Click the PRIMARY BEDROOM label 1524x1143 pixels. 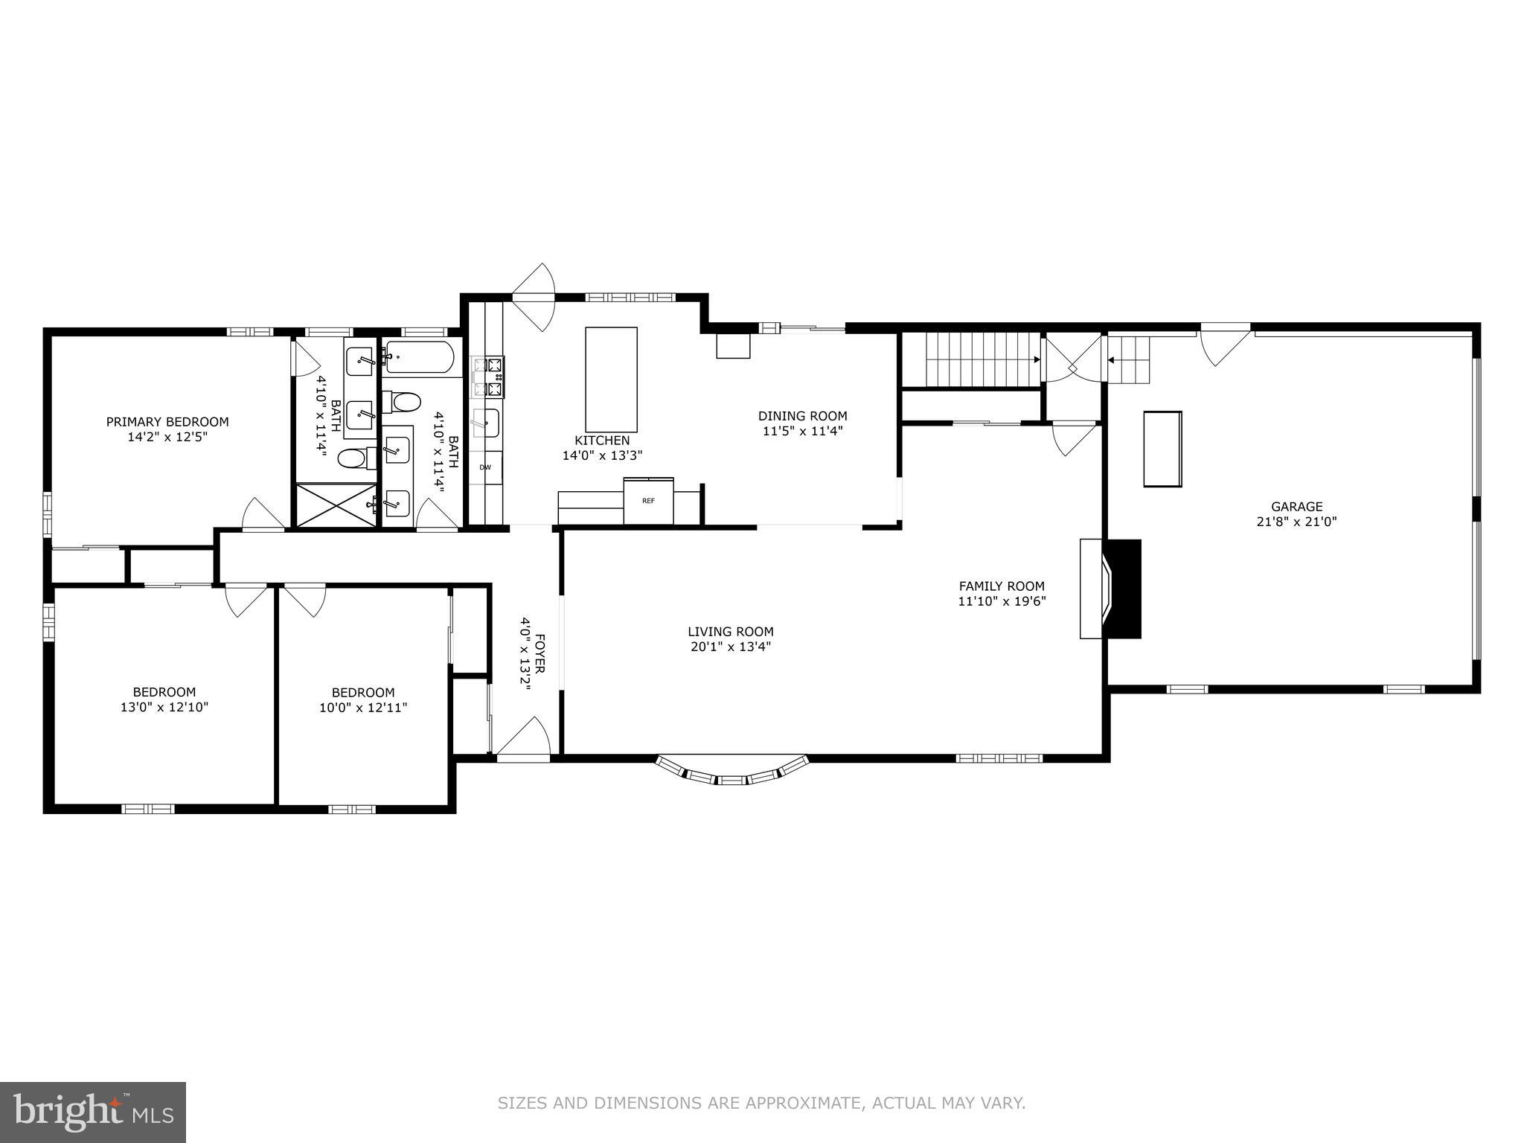point(167,421)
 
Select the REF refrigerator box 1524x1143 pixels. point(648,501)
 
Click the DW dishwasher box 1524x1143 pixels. point(485,467)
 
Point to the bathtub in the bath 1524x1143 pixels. point(419,358)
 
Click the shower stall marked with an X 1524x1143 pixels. point(337,506)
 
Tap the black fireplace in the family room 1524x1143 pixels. point(1124,589)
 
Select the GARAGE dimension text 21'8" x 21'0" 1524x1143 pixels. point(1296,522)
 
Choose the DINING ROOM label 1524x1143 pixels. point(802,416)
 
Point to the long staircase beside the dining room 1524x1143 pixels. point(970,359)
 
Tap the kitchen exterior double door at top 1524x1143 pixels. point(534,297)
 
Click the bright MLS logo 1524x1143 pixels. point(93,1112)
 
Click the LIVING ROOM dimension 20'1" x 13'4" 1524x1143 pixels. point(730,647)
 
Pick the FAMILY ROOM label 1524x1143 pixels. point(1001,586)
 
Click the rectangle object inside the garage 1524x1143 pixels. point(1162,449)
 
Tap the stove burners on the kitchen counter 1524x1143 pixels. point(488,377)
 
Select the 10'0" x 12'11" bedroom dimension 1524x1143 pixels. point(363,707)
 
